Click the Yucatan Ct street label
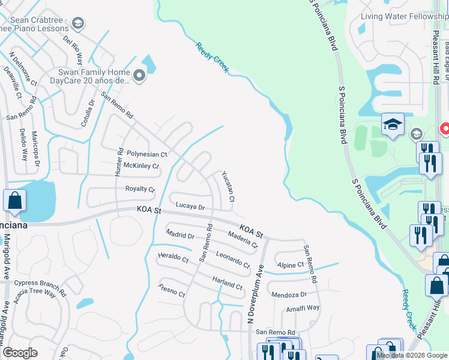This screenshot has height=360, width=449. pos(228,187)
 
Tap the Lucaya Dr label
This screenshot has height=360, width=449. pos(190,206)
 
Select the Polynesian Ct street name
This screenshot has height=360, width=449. pos(147,154)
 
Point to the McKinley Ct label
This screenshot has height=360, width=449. pos(141,166)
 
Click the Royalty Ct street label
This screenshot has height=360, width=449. pos(140,189)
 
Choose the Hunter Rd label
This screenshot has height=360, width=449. pos(119,162)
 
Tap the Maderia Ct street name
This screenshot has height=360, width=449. pos(243,241)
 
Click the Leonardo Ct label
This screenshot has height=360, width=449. pos(233,260)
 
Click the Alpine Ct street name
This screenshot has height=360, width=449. pos(291,265)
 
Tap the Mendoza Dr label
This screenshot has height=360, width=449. pos(289,295)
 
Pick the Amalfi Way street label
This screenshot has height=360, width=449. pos(303,307)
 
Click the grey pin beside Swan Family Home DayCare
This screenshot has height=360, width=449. pos(139,76)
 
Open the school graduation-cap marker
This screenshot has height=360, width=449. pos(392,124)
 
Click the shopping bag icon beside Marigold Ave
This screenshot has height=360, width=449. pos(15,201)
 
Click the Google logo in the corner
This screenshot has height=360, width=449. pos(20,353)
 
